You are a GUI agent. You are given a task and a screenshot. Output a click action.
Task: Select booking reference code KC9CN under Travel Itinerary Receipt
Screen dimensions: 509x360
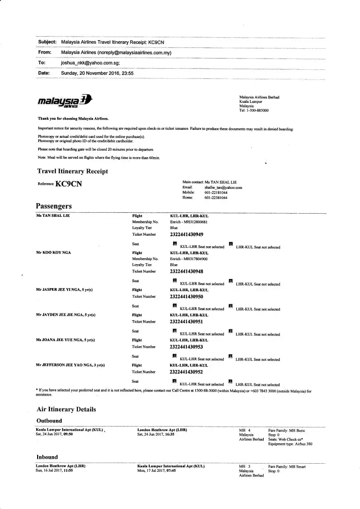(x=68, y=184)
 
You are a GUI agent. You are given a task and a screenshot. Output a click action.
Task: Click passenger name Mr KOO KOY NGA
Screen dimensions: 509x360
(x=53, y=252)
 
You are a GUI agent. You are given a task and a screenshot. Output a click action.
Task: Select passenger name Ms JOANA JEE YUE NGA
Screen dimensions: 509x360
(x=65, y=340)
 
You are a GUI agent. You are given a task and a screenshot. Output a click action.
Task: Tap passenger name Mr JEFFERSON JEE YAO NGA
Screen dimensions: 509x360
(x=70, y=365)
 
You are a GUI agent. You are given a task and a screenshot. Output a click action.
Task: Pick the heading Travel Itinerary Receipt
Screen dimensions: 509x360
(x=72, y=172)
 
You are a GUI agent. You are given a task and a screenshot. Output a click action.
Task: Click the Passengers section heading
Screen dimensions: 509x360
(x=53, y=206)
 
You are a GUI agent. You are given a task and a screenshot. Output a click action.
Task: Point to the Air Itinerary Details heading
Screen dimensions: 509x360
(x=66, y=409)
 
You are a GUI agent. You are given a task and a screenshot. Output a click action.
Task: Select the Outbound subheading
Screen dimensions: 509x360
(x=49, y=421)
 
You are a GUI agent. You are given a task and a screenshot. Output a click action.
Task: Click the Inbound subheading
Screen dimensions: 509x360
(x=47, y=457)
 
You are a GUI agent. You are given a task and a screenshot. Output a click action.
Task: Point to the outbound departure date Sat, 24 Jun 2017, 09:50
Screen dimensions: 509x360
(x=58, y=435)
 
